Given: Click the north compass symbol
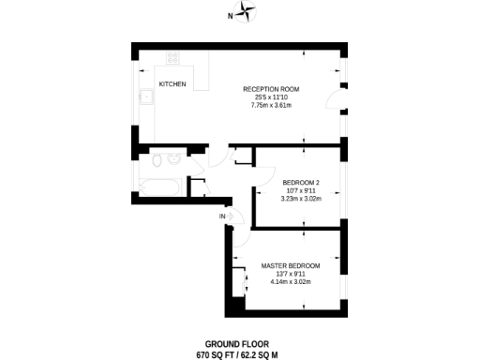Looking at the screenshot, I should pos(247,12).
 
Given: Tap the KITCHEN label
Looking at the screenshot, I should pos(172,84).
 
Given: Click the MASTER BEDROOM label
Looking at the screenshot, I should pos(290,265).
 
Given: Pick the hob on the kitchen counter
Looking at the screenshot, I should pos(173,58).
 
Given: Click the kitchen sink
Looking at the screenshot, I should pos(147,97).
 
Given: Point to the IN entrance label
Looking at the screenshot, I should pos(222,217).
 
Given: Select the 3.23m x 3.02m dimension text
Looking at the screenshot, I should pos(301,198).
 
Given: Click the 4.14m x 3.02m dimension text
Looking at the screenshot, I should pos(290,281).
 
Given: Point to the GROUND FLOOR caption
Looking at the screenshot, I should pos(237,344).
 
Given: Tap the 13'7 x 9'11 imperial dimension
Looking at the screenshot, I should pos(290,273).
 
